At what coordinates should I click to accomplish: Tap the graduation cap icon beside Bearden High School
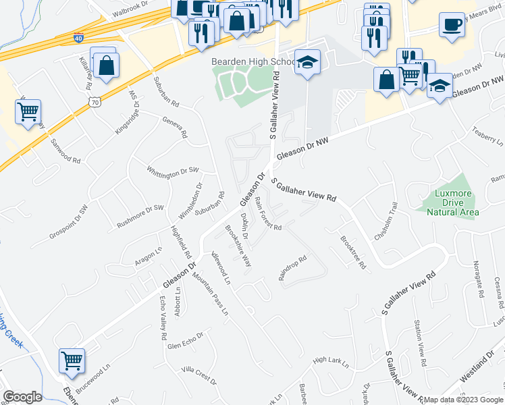pos(307,63)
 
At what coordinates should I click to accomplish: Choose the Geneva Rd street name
pos(174,126)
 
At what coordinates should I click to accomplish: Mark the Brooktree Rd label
pos(352,252)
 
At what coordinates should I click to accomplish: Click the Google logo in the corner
pos(22,397)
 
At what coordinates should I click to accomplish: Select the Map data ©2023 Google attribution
pos(462,400)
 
